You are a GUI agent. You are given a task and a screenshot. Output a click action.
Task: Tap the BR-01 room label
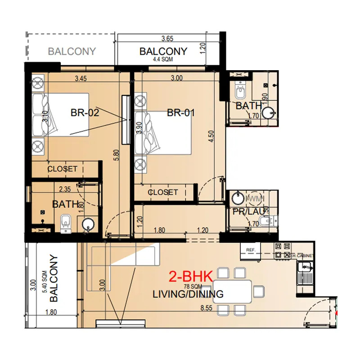point(181,112)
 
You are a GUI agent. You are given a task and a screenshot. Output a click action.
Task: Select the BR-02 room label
point(85,112)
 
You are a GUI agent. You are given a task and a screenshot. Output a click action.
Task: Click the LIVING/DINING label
point(188,294)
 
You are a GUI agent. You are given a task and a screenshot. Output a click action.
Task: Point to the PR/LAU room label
point(245,211)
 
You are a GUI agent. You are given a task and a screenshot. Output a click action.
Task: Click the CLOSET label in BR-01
point(163,192)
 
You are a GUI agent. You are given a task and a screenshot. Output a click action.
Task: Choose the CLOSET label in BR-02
point(63,169)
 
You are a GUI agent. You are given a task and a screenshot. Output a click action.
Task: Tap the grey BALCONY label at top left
point(72,51)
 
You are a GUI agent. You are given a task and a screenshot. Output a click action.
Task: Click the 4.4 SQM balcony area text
point(163,59)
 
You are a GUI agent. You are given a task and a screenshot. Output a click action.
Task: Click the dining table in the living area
point(232,292)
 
